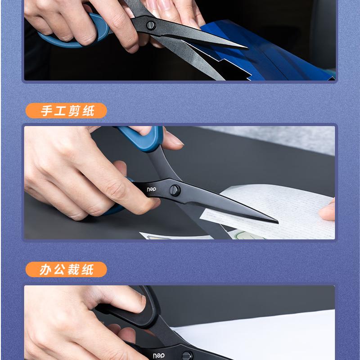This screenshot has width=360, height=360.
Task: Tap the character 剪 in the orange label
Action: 75,111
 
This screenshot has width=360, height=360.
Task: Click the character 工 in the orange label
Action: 61,111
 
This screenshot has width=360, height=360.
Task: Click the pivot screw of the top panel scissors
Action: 151,25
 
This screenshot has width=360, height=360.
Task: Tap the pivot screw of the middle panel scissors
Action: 175,189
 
